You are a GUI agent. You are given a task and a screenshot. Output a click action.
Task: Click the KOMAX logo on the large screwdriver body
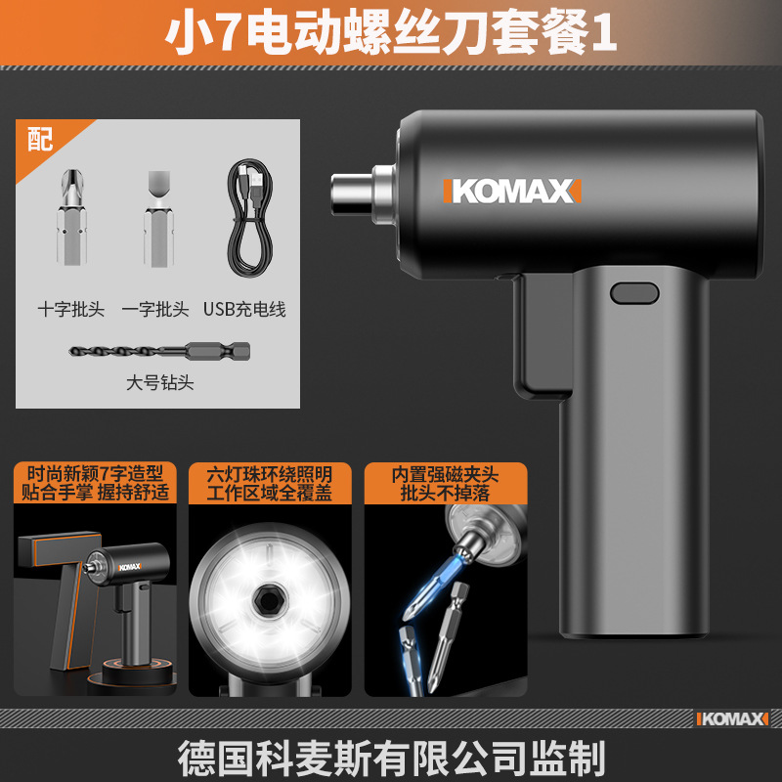point(512,191)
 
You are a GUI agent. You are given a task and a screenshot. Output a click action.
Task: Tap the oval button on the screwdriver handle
point(634,293)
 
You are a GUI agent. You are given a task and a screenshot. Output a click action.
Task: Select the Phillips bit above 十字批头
point(71,217)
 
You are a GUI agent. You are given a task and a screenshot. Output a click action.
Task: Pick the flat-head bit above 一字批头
point(159,218)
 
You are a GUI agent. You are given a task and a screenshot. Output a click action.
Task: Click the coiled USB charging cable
point(250,218)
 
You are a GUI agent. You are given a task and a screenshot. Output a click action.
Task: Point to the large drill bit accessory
point(159,351)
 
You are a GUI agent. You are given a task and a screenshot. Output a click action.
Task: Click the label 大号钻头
point(159,382)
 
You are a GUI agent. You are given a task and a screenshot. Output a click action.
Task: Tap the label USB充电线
point(244,309)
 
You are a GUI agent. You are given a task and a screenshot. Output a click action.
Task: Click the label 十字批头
point(71,309)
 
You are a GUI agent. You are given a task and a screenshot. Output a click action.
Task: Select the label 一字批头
point(155,309)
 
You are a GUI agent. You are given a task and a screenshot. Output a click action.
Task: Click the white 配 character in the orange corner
point(40,139)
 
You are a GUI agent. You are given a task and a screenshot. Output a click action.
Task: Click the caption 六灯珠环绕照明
point(270,474)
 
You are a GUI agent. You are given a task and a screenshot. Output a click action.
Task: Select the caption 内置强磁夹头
point(446,474)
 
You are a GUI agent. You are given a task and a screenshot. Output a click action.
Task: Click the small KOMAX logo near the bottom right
point(732,718)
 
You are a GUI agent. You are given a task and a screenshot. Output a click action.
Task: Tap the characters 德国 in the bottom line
point(216,758)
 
